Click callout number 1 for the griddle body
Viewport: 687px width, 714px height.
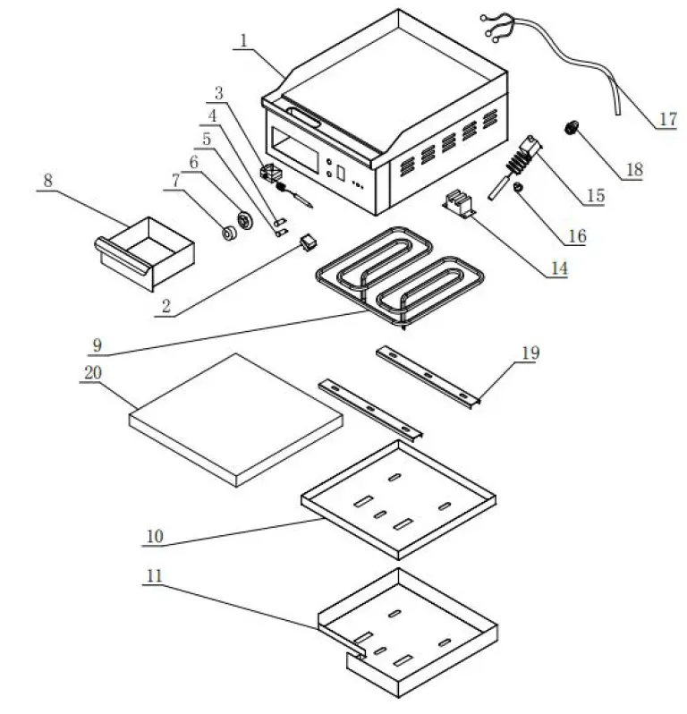click(x=242, y=41)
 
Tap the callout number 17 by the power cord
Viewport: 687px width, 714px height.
click(x=667, y=119)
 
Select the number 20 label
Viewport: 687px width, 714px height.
click(x=90, y=377)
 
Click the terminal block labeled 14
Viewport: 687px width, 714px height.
click(x=462, y=205)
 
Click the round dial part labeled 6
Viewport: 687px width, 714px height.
click(x=243, y=220)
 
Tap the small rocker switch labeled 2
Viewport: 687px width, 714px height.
click(x=309, y=241)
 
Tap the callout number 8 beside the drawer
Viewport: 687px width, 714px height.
click(x=48, y=180)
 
